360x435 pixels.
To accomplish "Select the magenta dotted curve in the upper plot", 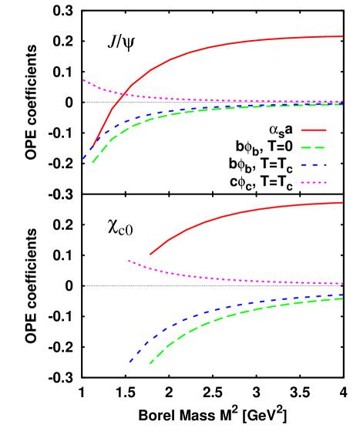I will (231, 100).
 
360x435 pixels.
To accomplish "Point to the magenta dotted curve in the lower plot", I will (231, 278).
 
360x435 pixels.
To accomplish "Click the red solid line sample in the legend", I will (314, 130).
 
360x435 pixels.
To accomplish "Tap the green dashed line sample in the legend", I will (314, 147).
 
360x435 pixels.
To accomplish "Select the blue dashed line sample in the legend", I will (314, 165).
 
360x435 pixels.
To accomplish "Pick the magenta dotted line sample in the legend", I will (314, 183).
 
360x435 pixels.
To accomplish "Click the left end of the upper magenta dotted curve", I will (83, 79).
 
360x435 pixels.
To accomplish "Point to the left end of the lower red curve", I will (150, 254).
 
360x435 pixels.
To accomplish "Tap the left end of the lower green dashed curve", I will (150, 363).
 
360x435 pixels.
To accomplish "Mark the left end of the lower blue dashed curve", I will (130, 362).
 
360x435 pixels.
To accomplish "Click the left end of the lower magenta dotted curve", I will (129, 261).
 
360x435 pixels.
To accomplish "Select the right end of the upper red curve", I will (342, 36).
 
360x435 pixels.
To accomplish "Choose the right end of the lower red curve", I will (342, 203).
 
